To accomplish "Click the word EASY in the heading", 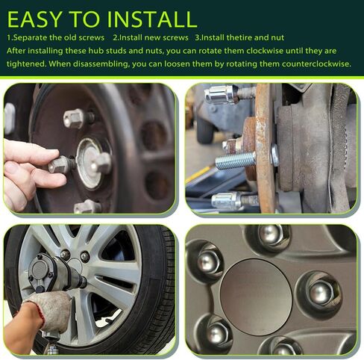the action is [x=34, y=19].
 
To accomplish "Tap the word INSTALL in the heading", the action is [x=152, y=19].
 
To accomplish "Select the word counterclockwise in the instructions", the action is [x=316, y=64].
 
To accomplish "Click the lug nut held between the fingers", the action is [x=60, y=164].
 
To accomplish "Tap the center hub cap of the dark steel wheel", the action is [x=92, y=163].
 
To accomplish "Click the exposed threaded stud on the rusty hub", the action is [x=235, y=161].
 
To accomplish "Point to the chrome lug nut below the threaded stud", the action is [x=226, y=201].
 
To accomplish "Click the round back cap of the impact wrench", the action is [x=40, y=270].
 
